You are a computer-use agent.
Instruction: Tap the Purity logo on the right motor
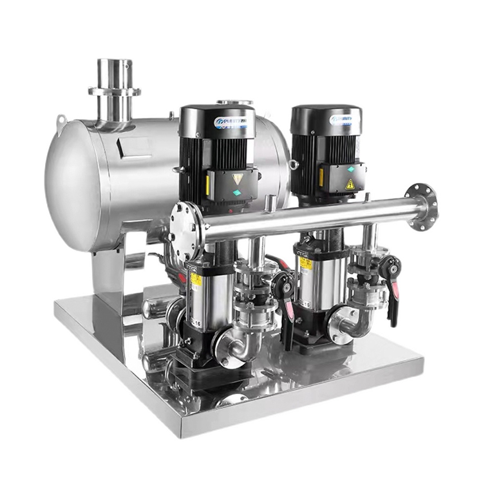[x=341, y=120]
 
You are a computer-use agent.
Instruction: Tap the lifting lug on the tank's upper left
[x=61, y=122]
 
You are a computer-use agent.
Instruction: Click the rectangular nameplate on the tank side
[x=135, y=146]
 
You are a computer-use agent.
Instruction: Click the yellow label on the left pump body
[x=196, y=279]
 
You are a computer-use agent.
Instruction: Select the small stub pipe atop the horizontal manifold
[x=272, y=205]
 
